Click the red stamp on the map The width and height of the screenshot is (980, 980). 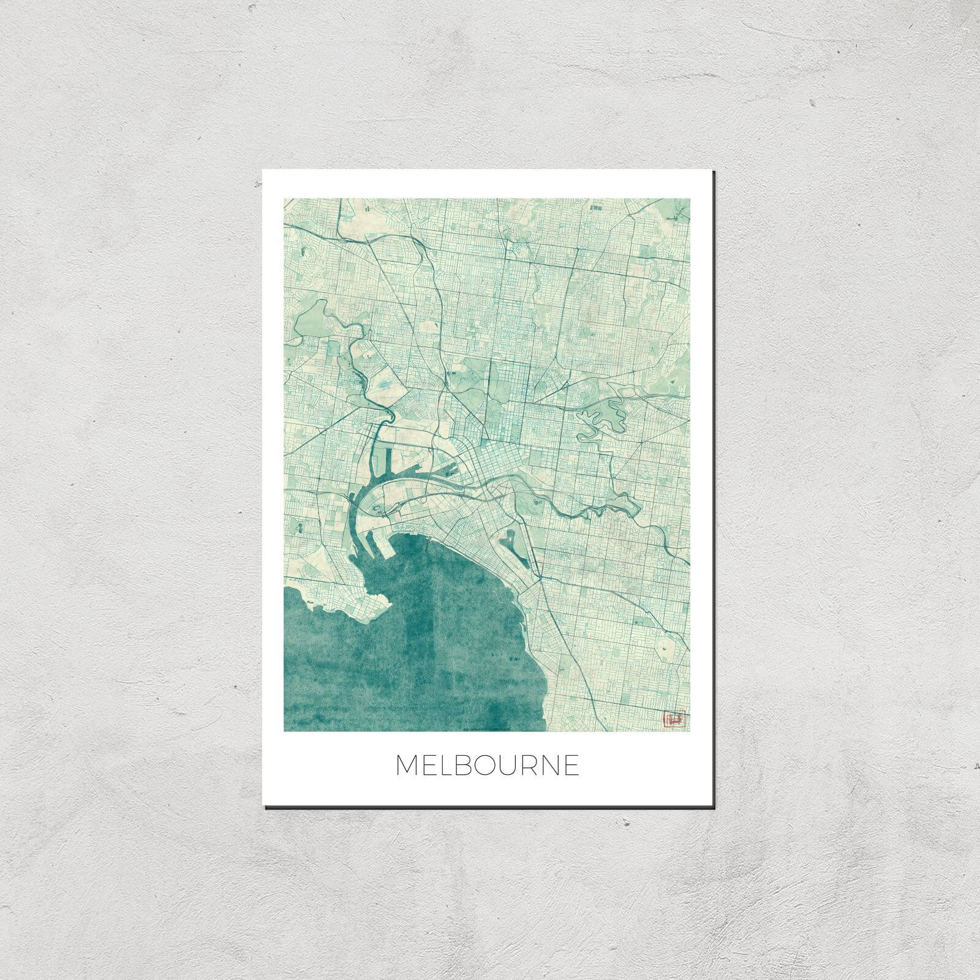pos(674,718)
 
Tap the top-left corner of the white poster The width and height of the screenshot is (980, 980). pos(263,171)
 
